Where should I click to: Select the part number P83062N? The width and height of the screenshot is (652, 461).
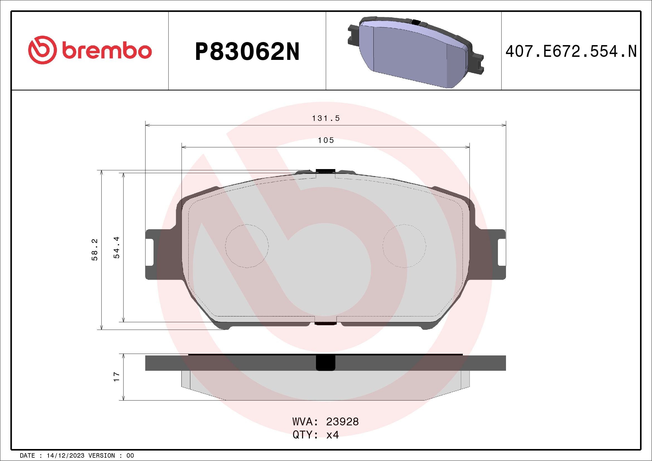pyautogui.click(x=247, y=52)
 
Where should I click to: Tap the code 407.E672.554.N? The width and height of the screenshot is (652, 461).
pyautogui.click(x=571, y=52)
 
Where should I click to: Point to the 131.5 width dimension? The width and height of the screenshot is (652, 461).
pyautogui.click(x=326, y=118)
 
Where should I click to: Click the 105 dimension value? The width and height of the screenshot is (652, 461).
pyautogui.click(x=326, y=140)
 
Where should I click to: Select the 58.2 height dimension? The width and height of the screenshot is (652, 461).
pyautogui.click(x=95, y=250)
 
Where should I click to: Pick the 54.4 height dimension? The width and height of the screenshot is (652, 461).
pyautogui.click(x=117, y=247)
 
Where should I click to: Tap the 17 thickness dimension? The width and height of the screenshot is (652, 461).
pyautogui.click(x=117, y=377)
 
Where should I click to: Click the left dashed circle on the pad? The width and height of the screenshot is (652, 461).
pyautogui.click(x=247, y=246)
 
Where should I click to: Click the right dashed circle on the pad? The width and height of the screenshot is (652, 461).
pyautogui.click(x=404, y=246)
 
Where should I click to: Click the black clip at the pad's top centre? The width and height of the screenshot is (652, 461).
pyautogui.click(x=325, y=171)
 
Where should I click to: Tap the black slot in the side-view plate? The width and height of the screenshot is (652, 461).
pyautogui.click(x=325, y=363)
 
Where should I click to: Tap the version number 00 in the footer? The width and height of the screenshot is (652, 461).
pyautogui.click(x=130, y=456)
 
